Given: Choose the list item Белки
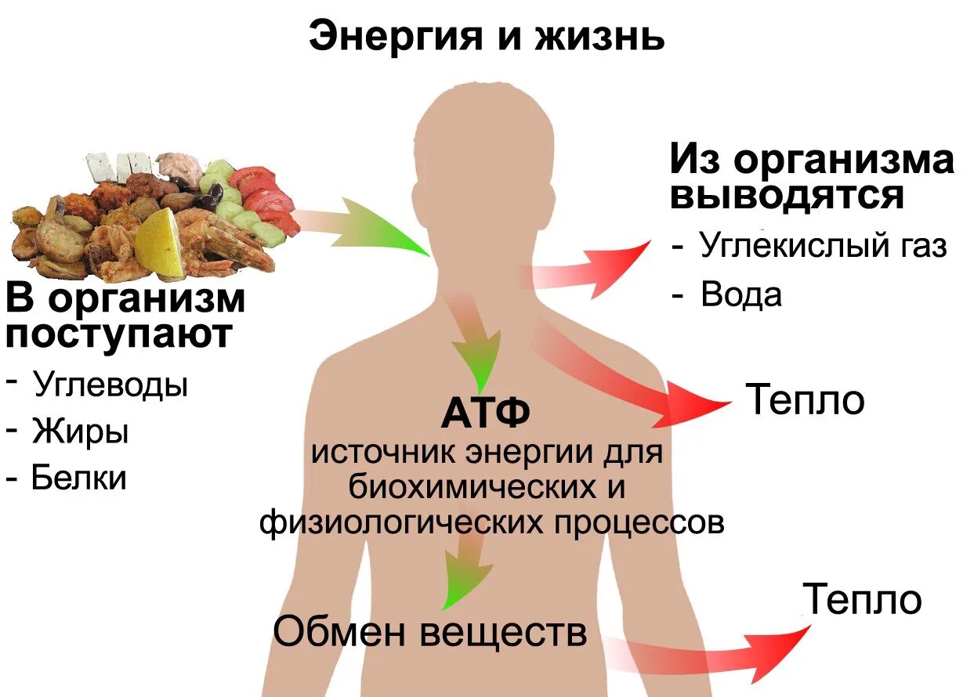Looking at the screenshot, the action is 78,477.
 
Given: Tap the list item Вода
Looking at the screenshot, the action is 741,295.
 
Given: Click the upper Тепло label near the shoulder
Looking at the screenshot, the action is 805,400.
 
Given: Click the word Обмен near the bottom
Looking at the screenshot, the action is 339,631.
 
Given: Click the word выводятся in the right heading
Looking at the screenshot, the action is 787,196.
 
